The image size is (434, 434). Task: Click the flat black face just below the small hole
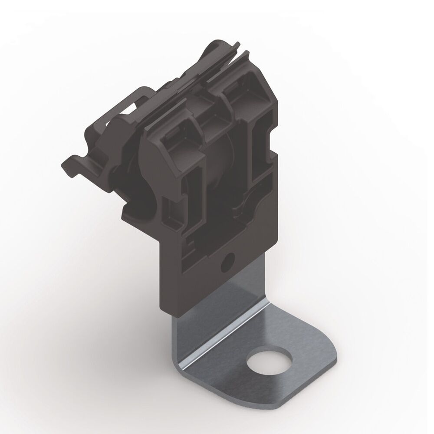217,286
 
